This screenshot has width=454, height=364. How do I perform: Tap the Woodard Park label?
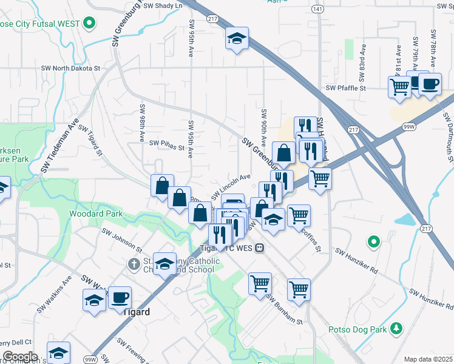pos(96,214)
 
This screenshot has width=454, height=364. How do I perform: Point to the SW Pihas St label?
pos(166,146)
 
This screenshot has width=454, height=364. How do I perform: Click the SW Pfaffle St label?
pos(346,88)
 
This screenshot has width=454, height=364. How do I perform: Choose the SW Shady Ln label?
pos(163,5)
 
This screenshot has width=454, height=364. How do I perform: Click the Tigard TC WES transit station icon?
pos(259,248)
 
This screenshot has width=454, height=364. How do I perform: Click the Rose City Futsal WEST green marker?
pos(89,24)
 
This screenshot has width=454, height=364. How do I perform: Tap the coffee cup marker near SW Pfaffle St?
pos(430,84)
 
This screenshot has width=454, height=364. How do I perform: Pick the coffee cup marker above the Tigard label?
pos(120,297)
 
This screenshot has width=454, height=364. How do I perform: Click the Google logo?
pos(19,357)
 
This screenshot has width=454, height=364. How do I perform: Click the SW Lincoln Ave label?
pos(231,187)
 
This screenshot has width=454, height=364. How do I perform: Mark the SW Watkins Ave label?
pos(54,295)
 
